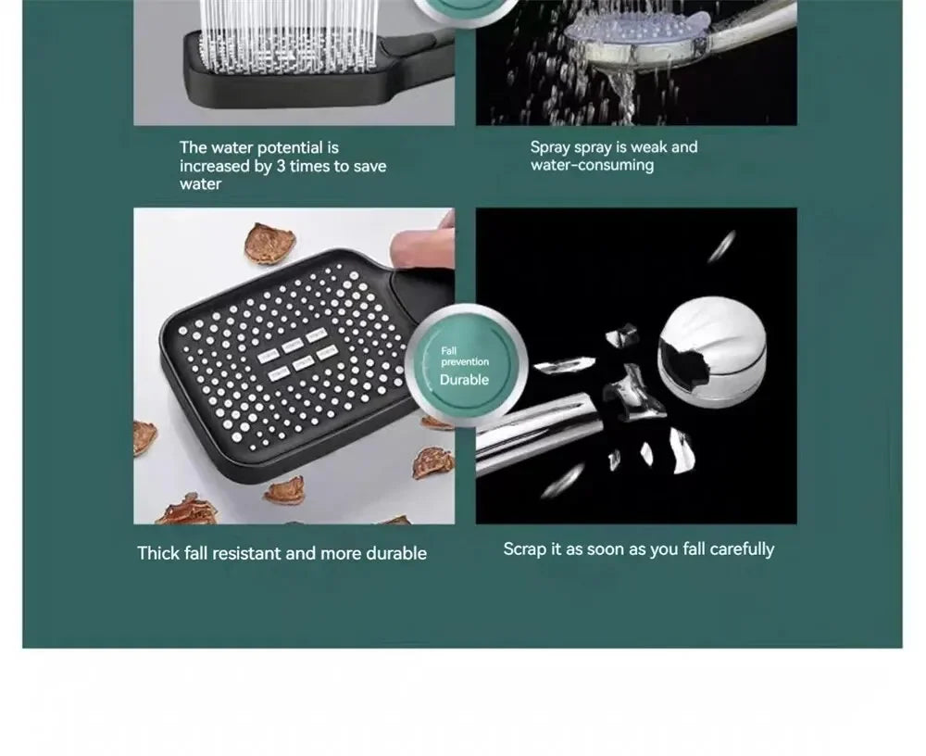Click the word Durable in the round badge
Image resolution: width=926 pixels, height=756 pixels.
464,380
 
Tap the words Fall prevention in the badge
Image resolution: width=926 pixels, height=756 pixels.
464,356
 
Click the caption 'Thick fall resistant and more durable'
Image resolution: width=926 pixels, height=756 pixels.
282,553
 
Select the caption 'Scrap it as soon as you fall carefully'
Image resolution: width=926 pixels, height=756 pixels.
638,548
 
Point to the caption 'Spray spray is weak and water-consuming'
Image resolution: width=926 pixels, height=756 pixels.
613,156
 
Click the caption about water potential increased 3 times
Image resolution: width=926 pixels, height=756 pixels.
282,166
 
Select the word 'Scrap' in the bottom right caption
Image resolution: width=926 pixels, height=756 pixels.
525,548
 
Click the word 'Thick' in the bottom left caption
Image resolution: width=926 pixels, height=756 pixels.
156,553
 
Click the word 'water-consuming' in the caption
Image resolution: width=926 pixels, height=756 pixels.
592,165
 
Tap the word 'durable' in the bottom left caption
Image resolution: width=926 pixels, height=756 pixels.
396,553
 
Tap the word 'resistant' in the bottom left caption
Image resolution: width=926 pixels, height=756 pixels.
247,553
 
